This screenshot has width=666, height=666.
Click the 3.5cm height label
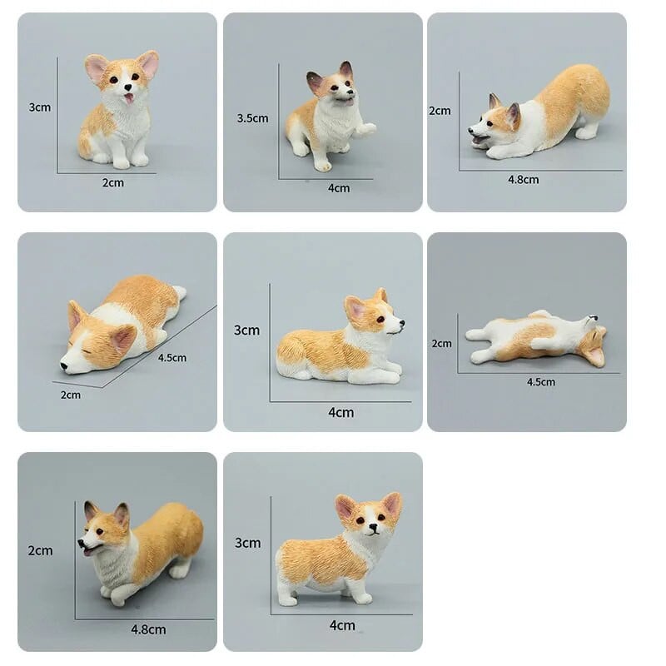(x=252, y=118)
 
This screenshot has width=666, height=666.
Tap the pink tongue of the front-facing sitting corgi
(x=127, y=99)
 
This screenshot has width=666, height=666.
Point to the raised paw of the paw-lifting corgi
(x=366, y=129)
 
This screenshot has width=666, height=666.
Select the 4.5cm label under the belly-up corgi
(x=540, y=382)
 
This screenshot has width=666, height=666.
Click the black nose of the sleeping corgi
(x=63, y=365)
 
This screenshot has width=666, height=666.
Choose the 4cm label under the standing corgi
(x=341, y=625)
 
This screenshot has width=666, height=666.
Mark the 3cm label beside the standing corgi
(x=247, y=543)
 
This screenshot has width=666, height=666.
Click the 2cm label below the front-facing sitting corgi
(x=113, y=182)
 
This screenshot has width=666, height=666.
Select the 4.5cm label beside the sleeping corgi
(x=171, y=358)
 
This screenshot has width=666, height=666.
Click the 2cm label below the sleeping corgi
(x=71, y=395)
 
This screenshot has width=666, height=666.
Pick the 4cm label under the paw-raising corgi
(x=339, y=188)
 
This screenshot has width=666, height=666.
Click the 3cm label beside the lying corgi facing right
(x=246, y=330)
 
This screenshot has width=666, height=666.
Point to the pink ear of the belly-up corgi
(x=595, y=356)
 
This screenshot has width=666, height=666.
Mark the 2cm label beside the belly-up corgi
(x=441, y=343)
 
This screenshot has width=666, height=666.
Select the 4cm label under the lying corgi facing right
(x=341, y=412)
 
